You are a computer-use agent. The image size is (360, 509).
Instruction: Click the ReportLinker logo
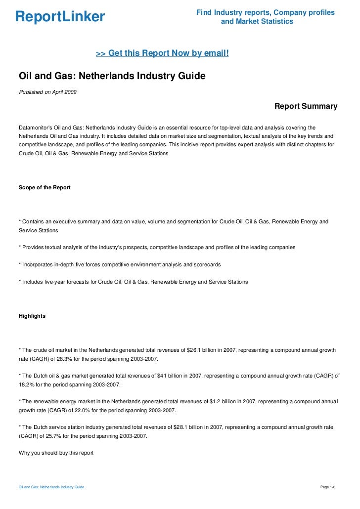pyautogui.click(x=60, y=17)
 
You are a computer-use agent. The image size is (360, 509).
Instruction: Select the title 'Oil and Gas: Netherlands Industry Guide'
pyautogui.click(x=112, y=77)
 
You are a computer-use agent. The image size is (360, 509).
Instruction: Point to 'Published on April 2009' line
pyautogui.click(x=47, y=92)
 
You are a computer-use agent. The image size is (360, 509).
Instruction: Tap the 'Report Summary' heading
pyautogui.click(x=306, y=106)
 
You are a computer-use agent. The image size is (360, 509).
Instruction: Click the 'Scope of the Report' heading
pyautogui.click(x=45, y=187)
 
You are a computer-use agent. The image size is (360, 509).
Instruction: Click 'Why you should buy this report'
pyautogui.click(x=56, y=452)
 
